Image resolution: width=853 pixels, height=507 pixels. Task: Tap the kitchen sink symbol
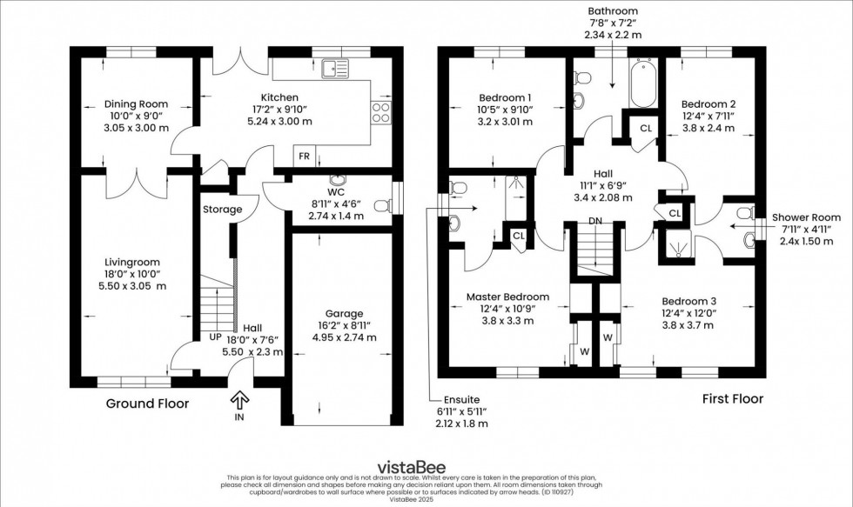335,67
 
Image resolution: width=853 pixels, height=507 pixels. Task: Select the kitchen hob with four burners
381,112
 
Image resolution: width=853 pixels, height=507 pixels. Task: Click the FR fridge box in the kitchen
305,157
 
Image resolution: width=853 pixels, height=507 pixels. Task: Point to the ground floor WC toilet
380,206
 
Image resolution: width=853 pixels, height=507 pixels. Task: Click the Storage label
223,210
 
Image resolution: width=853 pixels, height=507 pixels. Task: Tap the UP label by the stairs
213,337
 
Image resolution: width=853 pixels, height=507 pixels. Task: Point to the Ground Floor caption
147,404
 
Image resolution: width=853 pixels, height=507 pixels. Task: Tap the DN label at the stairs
594,221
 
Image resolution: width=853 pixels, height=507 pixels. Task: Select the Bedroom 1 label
506,97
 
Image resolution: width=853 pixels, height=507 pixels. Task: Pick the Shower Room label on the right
806,217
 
